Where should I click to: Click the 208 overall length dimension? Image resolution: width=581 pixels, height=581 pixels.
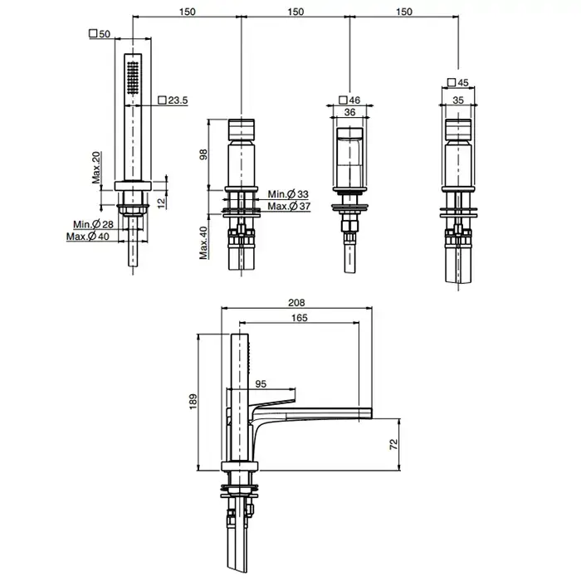pos(296,303)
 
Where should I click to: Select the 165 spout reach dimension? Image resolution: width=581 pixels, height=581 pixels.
pos(300,318)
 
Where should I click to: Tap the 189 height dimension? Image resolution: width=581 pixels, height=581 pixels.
pos(193,402)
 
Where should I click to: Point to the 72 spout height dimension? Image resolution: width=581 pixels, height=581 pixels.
pos(393,444)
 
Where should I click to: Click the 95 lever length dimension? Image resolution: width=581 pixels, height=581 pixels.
pos(261,383)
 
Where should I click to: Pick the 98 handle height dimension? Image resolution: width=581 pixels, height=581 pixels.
pos(203,154)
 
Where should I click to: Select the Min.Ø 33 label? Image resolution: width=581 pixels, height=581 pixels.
pos(288,194)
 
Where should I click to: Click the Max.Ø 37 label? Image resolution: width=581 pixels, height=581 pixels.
pos(289,206)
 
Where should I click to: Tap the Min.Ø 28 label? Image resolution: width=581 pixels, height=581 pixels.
pos(93,224)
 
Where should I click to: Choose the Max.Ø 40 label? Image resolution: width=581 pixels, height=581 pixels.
pos(88,236)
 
